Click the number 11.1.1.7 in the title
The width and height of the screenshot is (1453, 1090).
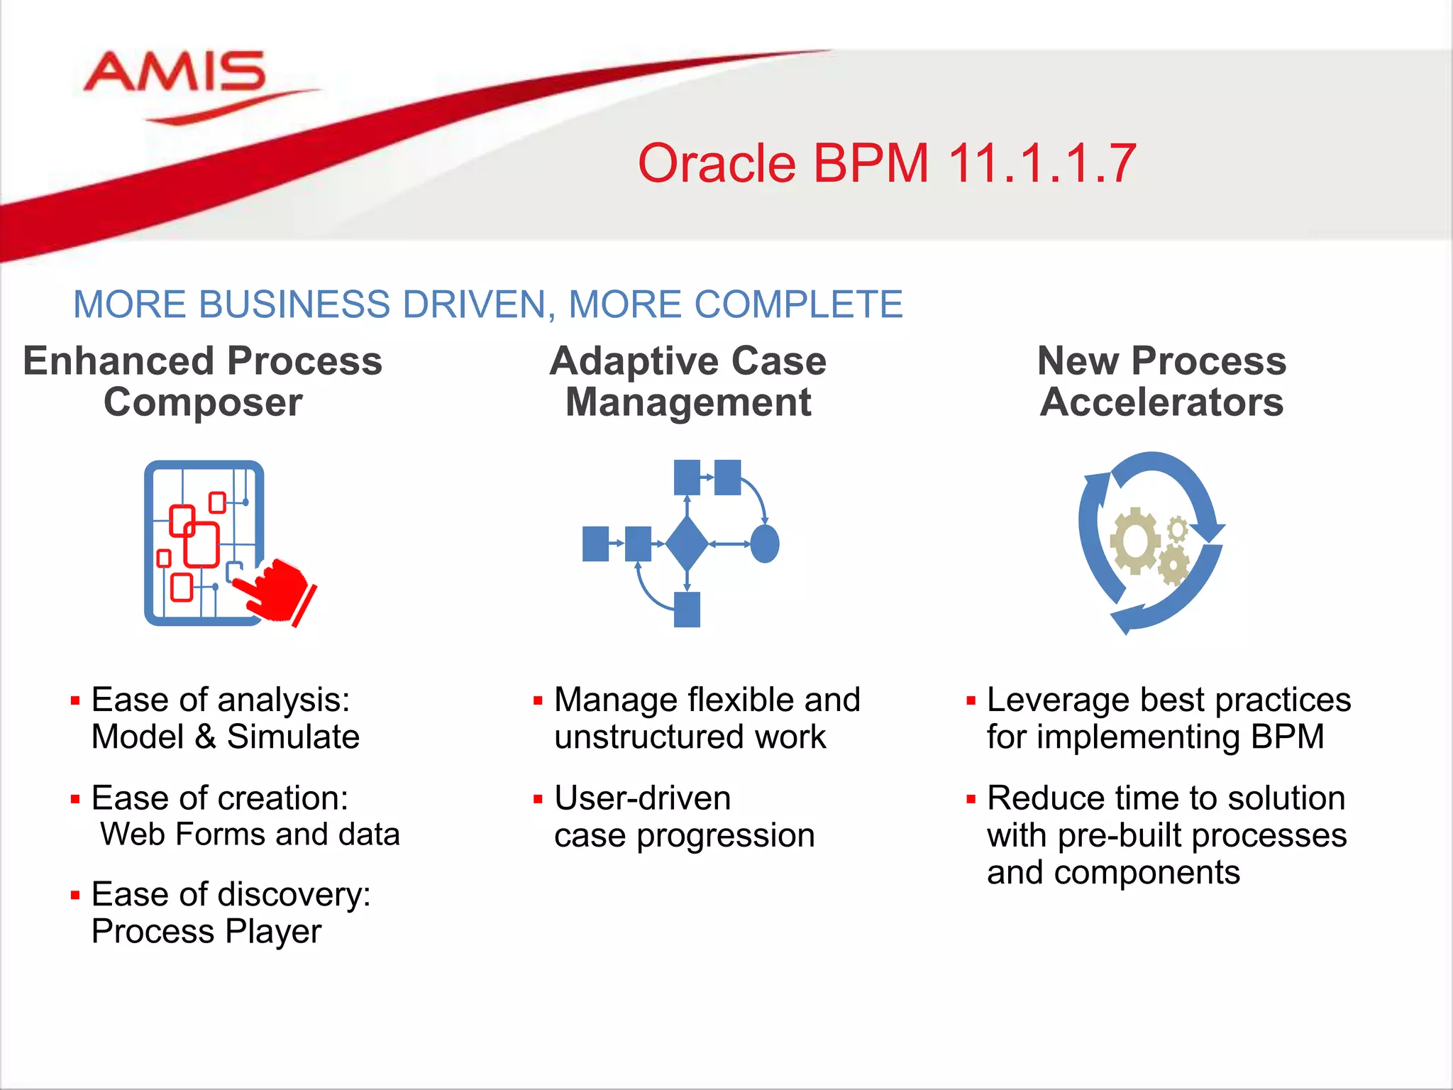pyautogui.click(x=1041, y=164)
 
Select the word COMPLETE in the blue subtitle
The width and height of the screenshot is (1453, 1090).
pyautogui.click(x=797, y=305)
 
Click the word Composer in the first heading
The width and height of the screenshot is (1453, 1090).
pyautogui.click(x=203, y=403)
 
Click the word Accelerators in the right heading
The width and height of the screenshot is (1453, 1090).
pyautogui.click(x=1161, y=402)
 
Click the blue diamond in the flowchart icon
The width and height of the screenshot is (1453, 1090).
pyautogui.click(x=687, y=544)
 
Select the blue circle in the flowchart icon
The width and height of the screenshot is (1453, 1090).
pyautogui.click(x=765, y=544)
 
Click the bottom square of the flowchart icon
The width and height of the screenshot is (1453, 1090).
pyautogui.click(x=687, y=609)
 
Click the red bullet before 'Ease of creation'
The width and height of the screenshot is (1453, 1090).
pyautogui.click(x=75, y=800)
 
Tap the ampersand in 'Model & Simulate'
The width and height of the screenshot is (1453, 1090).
pyautogui.click(x=205, y=737)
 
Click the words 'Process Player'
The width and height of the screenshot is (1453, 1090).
pyautogui.click(x=206, y=932)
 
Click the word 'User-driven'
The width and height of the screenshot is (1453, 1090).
pyautogui.click(x=642, y=798)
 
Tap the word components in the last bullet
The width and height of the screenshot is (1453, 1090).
pyautogui.click(x=1147, y=873)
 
